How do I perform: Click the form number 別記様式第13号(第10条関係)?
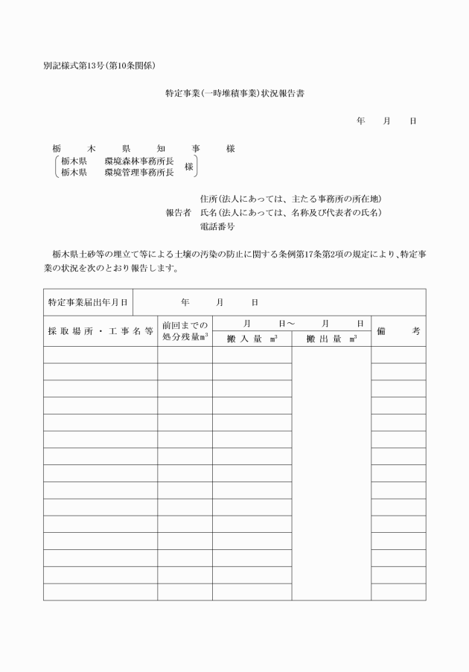click(99, 65)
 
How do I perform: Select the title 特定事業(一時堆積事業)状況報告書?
click(239, 95)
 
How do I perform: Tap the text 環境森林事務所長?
click(139, 161)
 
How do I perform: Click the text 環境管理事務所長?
click(139, 172)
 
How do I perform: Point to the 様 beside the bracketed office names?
click(189, 167)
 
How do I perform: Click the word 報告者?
click(178, 212)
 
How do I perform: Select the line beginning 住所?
click(290, 199)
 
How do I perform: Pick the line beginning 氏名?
click(290, 212)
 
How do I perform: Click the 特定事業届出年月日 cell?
click(88, 303)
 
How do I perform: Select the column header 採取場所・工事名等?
click(100, 330)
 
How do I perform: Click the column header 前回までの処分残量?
click(185, 330)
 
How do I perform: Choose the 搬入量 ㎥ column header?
click(252, 339)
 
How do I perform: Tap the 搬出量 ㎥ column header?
click(331, 339)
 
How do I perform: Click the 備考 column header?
click(398, 330)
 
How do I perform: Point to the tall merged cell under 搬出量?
click(331, 473)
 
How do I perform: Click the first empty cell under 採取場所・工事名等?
click(100, 355)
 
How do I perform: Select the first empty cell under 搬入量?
click(252, 355)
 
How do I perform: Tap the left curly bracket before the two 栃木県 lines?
click(57, 167)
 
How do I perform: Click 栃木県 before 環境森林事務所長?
click(74, 161)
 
